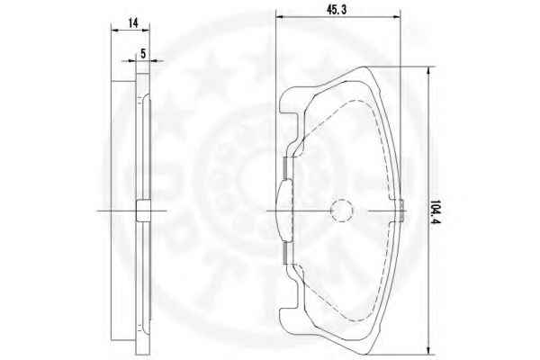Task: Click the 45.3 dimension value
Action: click(337, 10)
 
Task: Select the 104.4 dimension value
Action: click(436, 211)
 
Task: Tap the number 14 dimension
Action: click(133, 23)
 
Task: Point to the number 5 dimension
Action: click(143, 53)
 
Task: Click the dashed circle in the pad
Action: click(342, 211)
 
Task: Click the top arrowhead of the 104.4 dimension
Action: click(428, 70)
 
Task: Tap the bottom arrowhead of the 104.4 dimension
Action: click(428, 350)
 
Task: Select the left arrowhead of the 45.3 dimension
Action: click(280, 16)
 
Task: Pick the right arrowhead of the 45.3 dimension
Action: click(396, 16)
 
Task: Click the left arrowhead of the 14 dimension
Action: click(114, 31)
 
